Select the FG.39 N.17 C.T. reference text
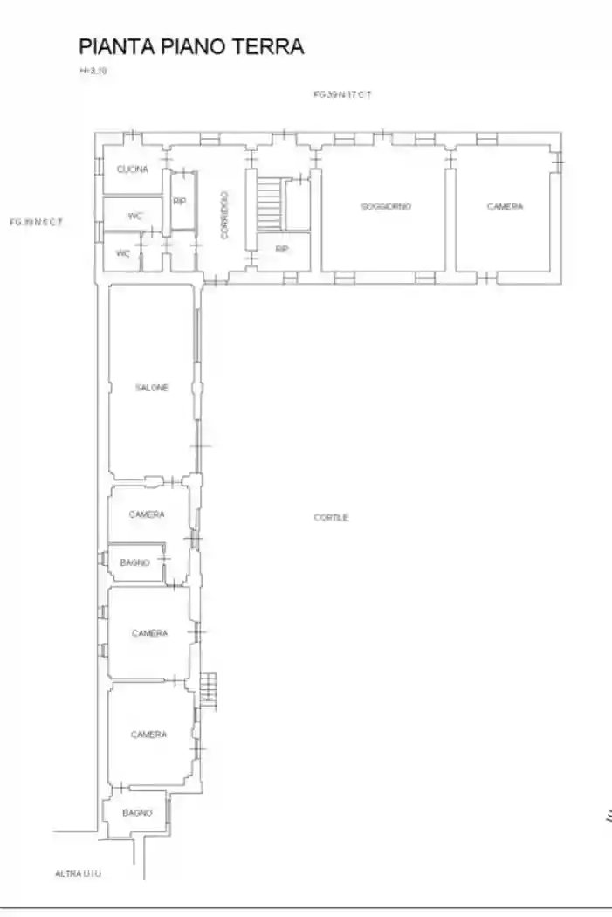pos(343,93)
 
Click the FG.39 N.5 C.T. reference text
pos(36,222)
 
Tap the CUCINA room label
pos(132,169)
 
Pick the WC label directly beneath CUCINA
pos(134,215)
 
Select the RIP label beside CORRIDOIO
pos(179,201)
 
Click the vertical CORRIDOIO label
pos(224,215)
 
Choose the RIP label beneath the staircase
pos(282,249)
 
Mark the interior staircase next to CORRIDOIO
pos(269,203)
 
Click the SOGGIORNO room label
pos(385,207)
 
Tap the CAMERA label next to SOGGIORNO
pos(505,207)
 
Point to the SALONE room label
pos(151,387)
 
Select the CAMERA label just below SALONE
pos(146,514)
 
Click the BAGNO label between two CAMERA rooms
pos(134,562)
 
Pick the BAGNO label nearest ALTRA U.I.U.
pos(137,812)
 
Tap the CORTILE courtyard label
pos(332,517)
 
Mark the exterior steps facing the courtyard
pos(208,690)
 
